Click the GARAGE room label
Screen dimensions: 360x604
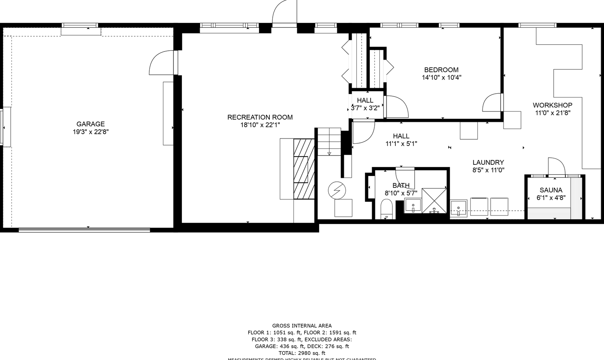click(x=90, y=124)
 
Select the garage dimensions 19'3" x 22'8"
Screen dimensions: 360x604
click(x=90, y=132)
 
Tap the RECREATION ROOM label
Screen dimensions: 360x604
click(x=260, y=117)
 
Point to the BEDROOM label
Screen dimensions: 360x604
click(x=441, y=70)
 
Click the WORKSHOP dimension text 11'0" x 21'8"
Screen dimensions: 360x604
click(x=552, y=113)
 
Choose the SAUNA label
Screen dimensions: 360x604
click(x=551, y=190)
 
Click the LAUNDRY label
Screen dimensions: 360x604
click(x=488, y=162)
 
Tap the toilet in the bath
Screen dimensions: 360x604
click(x=386, y=209)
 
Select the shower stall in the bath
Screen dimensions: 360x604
click(x=434, y=201)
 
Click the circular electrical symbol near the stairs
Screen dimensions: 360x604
click(x=337, y=191)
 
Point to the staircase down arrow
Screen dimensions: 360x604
click(x=329, y=153)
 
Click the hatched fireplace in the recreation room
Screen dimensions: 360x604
click(x=304, y=169)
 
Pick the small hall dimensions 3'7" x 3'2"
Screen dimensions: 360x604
click(x=365, y=108)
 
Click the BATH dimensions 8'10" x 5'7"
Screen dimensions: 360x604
click(x=401, y=193)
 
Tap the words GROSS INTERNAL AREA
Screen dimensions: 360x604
click(x=302, y=326)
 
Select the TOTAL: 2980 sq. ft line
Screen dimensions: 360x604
click(x=302, y=353)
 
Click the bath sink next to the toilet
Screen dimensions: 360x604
click(x=412, y=205)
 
